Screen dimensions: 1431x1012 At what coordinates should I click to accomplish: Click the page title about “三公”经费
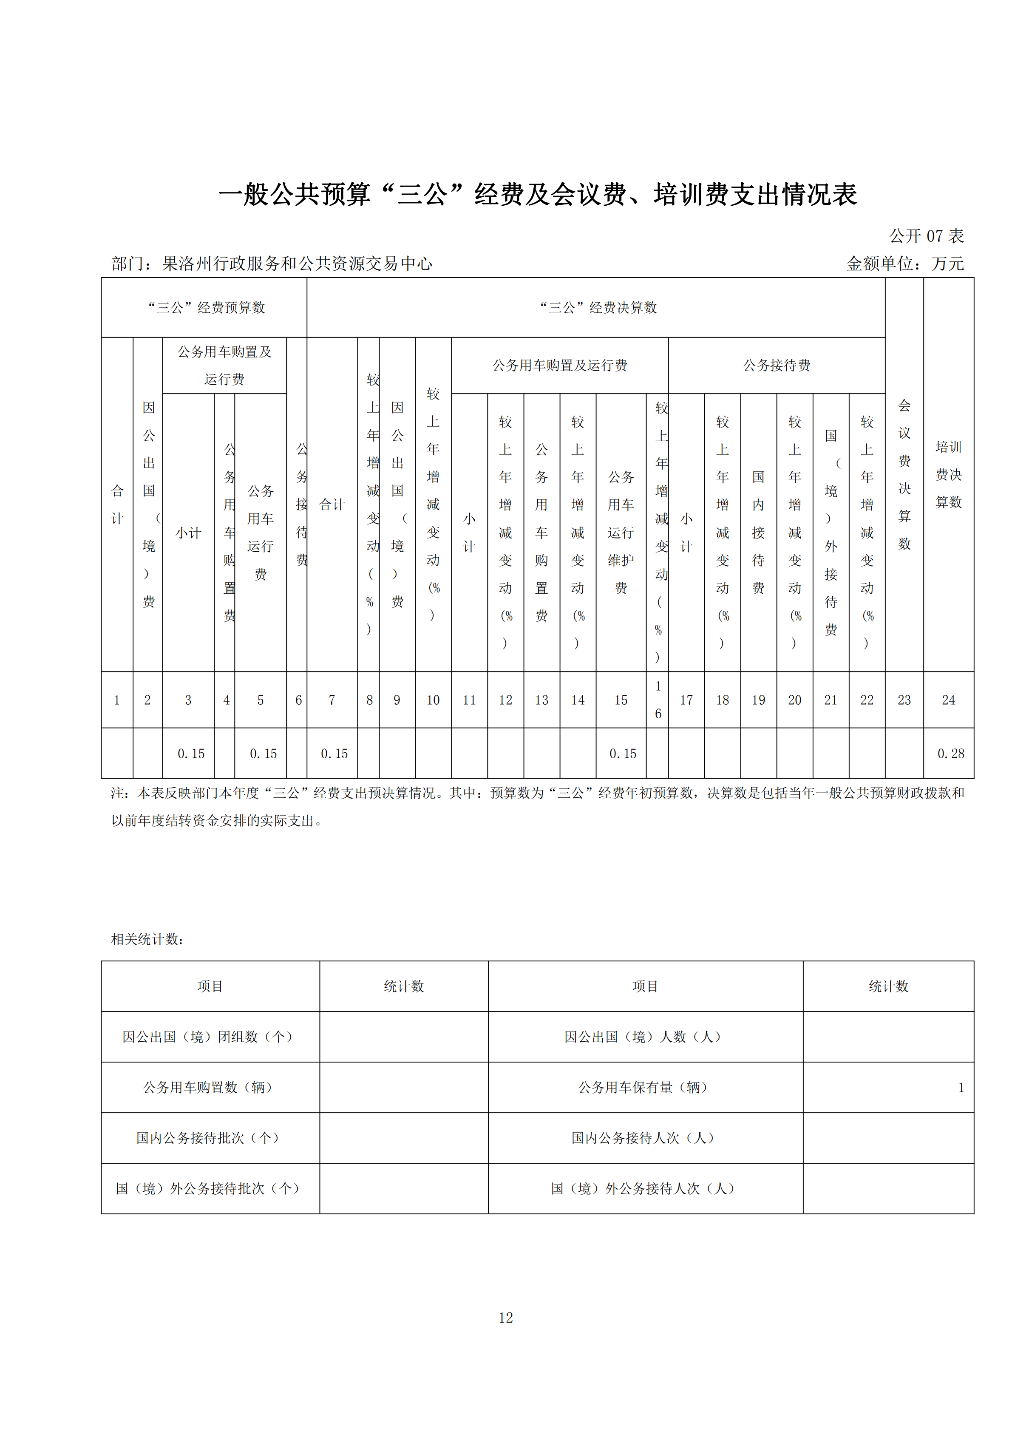(537, 195)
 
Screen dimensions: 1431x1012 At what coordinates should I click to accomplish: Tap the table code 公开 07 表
(926, 236)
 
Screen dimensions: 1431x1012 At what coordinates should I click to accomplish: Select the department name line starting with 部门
(272, 264)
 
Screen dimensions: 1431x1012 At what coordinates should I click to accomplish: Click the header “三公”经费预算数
(206, 307)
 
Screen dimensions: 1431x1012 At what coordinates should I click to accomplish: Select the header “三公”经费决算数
(598, 307)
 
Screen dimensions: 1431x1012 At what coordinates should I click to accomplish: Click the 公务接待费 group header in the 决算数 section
(777, 365)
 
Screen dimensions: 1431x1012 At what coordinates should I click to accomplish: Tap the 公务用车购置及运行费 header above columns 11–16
(560, 365)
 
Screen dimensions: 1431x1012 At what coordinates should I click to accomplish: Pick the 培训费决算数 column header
(948, 474)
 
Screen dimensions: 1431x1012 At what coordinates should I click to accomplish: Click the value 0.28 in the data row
(950, 754)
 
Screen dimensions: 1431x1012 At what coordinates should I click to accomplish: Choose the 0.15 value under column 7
(334, 754)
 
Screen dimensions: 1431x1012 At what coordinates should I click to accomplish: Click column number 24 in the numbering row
(948, 700)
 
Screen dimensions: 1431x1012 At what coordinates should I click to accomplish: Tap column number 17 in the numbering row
(686, 700)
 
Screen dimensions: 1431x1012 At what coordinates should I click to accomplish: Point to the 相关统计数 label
(147, 939)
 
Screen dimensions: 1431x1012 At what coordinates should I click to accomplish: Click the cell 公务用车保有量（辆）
(645, 1088)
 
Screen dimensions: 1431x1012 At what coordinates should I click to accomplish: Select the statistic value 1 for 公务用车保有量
(960, 1088)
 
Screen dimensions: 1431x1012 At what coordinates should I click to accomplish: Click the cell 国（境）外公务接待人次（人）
(645, 1189)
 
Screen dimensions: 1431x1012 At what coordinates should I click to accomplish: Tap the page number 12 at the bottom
(505, 1318)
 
